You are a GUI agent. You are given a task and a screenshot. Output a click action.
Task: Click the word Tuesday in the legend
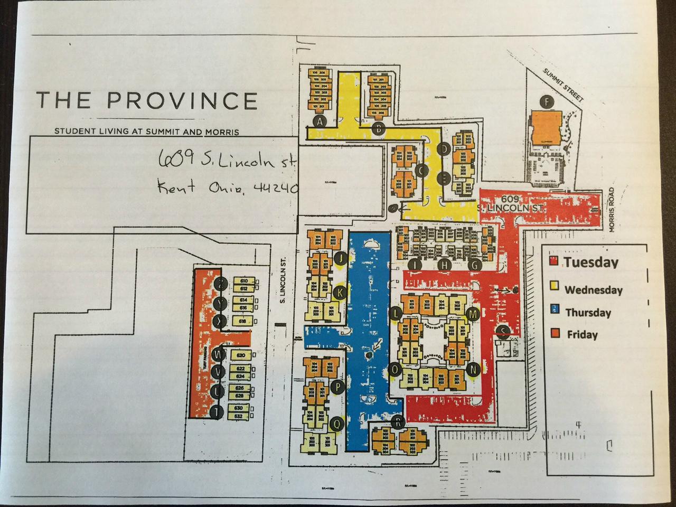pyautogui.click(x=590, y=262)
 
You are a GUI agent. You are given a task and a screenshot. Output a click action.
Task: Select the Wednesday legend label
pyautogui.click(x=593, y=290)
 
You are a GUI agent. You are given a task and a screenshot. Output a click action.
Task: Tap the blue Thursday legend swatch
pyautogui.click(x=554, y=312)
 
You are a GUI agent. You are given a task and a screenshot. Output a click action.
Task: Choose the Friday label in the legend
pyautogui.click(x=582, y=334)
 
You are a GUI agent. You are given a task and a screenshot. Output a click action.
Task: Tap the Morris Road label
pyautogui.click(x=613, y=210)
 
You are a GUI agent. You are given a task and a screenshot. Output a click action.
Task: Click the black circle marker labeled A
pyautogui.click(x=319, y=121)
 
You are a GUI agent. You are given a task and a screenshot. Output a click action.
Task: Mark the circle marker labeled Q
pyautogui.click(x=335, y=422)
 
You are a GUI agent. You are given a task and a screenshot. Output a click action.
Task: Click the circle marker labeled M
pyautogui.click(x=474, y=315)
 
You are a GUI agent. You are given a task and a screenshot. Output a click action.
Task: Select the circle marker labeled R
pyautogui.click(x=399, y=421)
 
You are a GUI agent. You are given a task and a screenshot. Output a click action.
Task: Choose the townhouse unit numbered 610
pyautogui.click(x=244, y=281)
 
